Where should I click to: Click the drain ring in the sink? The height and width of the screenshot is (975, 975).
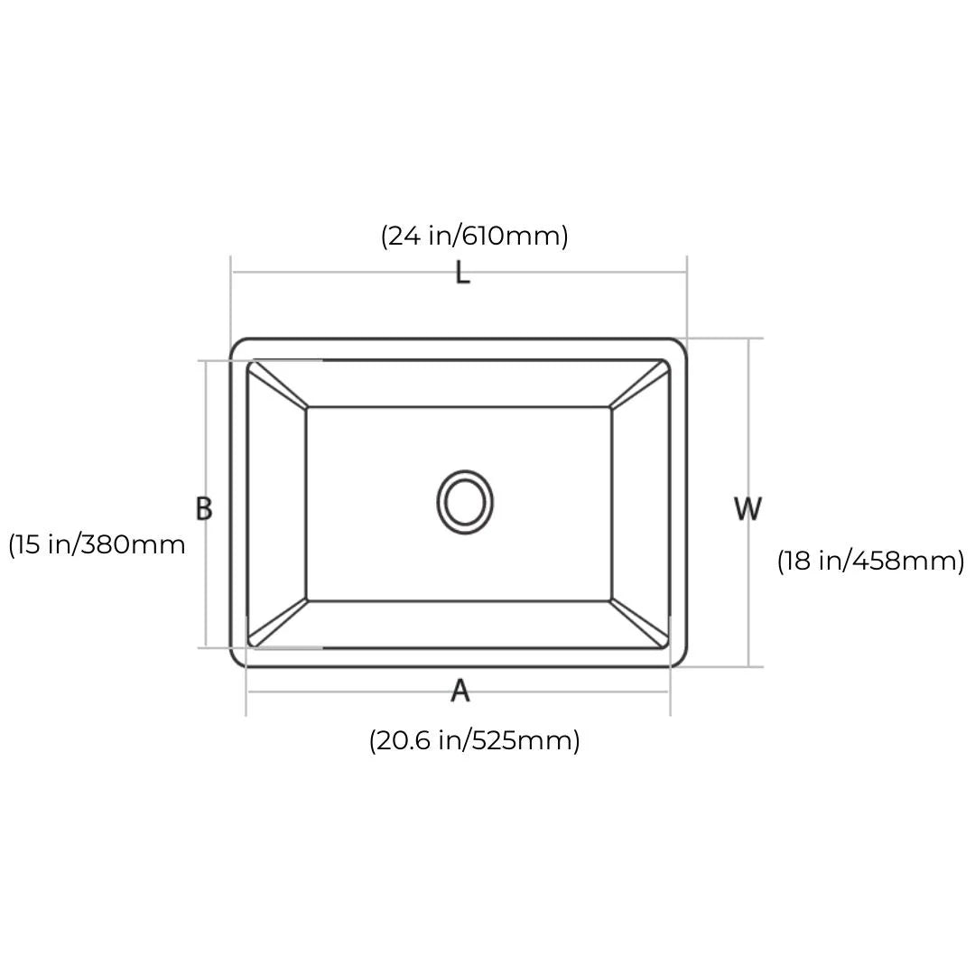click(x=465, y=501)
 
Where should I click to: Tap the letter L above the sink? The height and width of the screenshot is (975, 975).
click(x=462, y=272)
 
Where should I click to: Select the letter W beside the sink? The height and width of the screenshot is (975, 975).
click(x=747, y=509)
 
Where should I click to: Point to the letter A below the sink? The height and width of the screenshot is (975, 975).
click(x=460, y=691)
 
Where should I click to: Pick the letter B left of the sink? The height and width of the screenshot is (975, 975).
click(x=204, y=508)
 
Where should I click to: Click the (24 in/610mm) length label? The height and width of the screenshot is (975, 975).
click(x=474, y=236)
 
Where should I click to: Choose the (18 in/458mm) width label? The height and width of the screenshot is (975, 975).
click(x=870, y=561)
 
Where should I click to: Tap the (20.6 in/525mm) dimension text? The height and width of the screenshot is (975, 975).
click(x=474, y=740)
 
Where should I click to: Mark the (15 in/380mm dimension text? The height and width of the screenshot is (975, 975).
click(x=97, y=544)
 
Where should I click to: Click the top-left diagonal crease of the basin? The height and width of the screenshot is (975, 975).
click(x=278, y=385)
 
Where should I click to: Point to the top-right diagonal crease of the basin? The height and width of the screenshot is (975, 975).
click(x=639, y=385)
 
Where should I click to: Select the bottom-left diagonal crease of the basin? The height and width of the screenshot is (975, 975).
click(x=278, y=622)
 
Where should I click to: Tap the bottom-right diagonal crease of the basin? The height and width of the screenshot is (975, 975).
click(x=639, y=622)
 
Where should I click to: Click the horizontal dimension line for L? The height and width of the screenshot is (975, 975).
click(x=343, y=271)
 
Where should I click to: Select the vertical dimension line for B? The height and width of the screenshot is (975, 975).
click(x=206, y=424)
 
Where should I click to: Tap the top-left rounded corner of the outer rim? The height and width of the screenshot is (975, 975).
click(x=237, y=345)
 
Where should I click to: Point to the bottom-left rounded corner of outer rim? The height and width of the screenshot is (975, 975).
click(x=237, y=661)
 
